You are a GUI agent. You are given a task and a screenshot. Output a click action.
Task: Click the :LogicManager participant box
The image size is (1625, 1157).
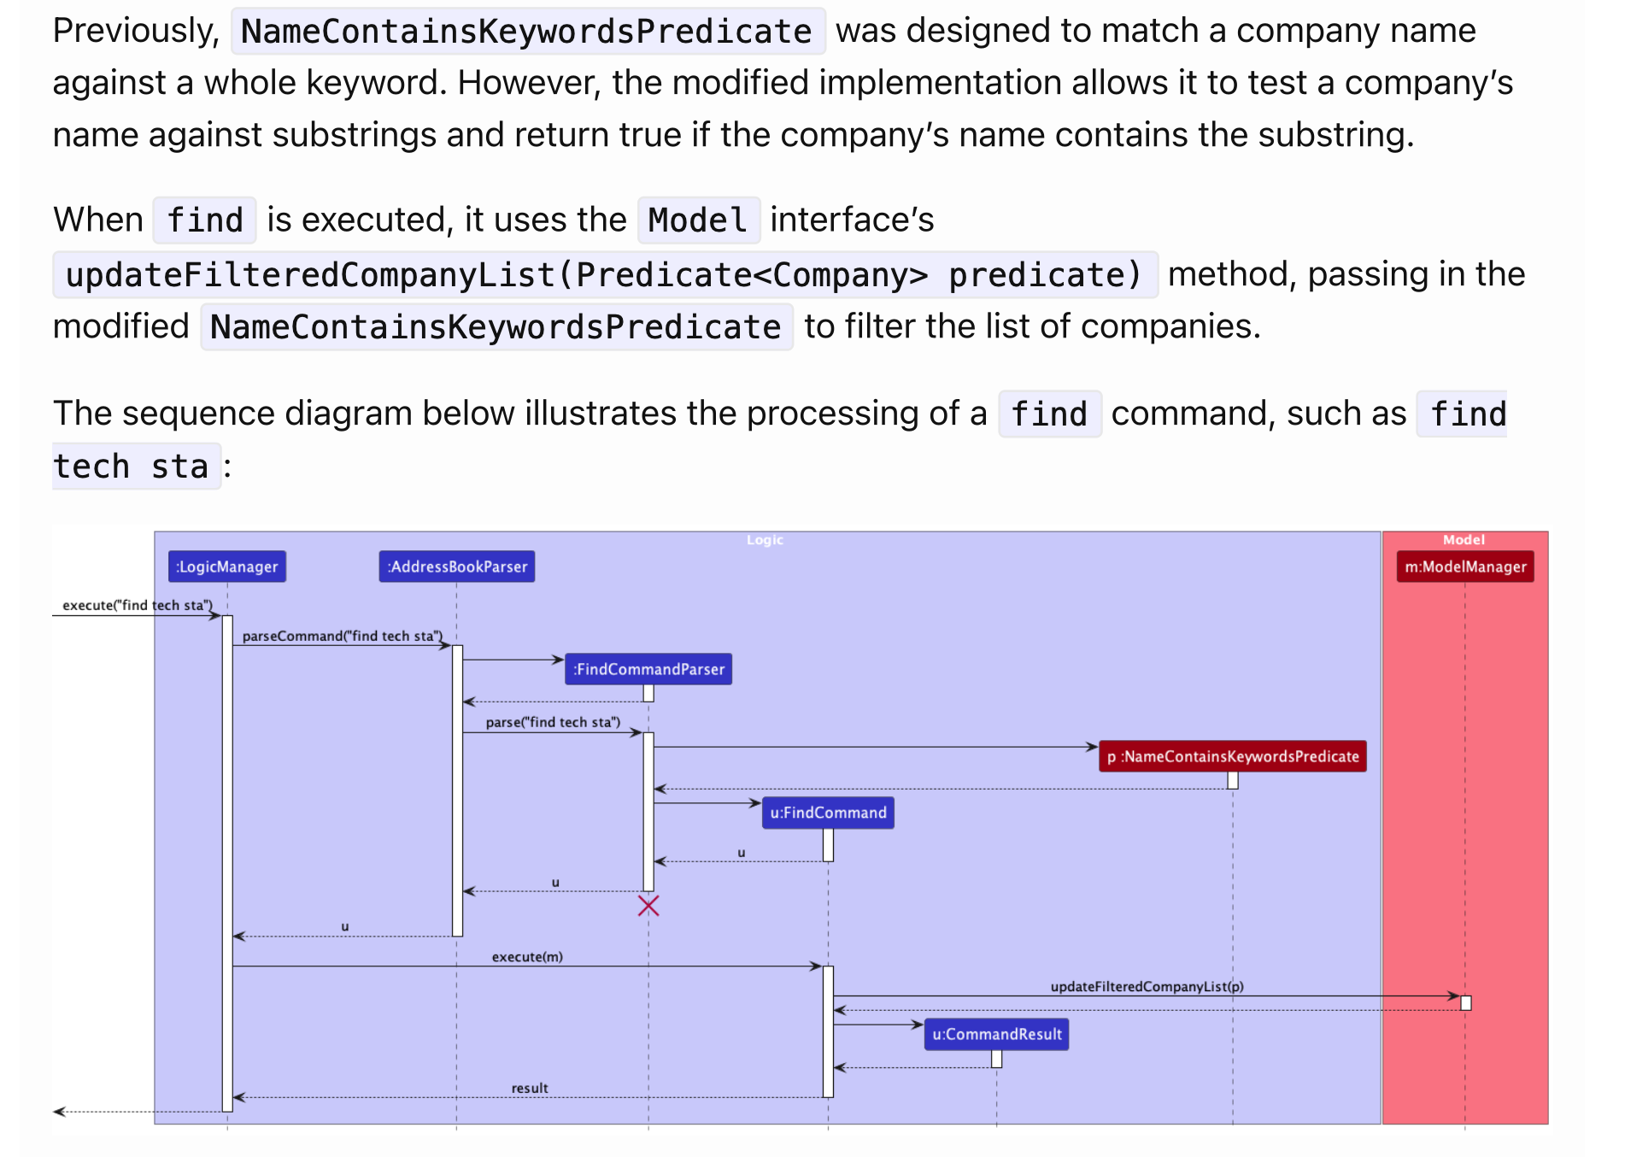pyautogui.click(x=226, y=567)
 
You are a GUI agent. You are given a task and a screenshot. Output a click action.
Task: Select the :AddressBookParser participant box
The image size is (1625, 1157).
pyautogui.click(x=457, y=567)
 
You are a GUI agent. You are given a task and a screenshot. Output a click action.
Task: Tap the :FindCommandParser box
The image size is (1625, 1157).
pyautogui.click(x=648, y=669)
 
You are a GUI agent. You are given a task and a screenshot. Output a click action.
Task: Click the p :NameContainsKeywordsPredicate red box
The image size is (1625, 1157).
pyautogui.click(x=1232, y=756)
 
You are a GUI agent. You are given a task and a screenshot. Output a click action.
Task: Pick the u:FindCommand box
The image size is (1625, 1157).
pyautogui.click(x=828, y=813)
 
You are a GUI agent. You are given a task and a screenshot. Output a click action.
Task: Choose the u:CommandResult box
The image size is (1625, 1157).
pyautogui.click(x=996, y=1034)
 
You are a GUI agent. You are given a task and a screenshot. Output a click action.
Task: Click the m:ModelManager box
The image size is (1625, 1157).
pyautogui.click(x=1465, y=567)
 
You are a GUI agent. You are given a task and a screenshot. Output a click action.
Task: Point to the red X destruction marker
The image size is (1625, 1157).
pyautogui.click(x=648, y=906)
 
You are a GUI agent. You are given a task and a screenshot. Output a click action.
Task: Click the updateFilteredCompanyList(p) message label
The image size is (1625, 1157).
pyautogui.click(x=1147, y=986)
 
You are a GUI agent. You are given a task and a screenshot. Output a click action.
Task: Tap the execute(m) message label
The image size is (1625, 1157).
pyautogui.click(x=527, y=956)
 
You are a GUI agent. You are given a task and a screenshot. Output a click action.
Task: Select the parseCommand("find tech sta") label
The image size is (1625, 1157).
pyautogui.click(x=342, y=636)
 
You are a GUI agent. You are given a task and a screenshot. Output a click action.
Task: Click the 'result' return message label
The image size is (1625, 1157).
pyautogui.click(x=530, y=1088)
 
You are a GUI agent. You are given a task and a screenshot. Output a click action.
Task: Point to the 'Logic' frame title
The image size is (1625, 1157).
pyautogui.click(x=765, y=540)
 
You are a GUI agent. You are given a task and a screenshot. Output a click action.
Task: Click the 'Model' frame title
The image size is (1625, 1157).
pyautogui.click(x=1464, y=540)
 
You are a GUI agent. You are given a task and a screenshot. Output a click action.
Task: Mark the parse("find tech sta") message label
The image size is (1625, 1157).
pyautogui.click(x=553, y=722)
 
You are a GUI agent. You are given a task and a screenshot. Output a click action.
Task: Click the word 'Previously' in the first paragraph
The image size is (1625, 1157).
pyautogui.click(x=136, y=32)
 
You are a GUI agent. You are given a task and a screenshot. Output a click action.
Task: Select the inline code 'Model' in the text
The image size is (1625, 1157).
pyautogui.click(x=698, y=220)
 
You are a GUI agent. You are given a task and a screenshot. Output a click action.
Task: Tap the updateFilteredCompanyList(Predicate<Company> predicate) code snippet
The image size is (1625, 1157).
pyautogui.click(x=604, y=275)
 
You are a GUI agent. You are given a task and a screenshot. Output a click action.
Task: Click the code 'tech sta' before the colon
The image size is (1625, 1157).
pyautogui.click(x=132, y=467)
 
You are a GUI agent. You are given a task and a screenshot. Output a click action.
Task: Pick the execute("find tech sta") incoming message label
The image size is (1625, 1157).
pyautogui.click(x=137, y=605)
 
